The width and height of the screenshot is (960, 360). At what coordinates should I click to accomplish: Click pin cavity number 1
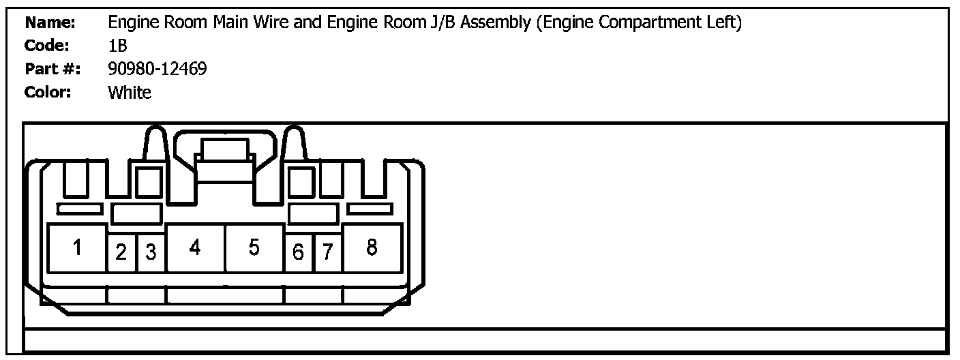(x=78, y=248)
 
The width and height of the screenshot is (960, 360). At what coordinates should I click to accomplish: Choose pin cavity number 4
(x=195, y=248)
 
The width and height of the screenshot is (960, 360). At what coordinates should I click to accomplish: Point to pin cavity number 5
(x=254, y=248)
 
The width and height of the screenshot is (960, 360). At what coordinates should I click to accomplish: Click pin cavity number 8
(x=372, y=248)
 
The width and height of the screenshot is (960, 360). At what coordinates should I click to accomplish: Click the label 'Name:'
(x=50, y=22)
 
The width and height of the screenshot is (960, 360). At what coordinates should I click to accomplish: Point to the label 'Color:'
(x=48, y=92)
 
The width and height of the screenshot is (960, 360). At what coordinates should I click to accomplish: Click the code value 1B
(x=118, y=46)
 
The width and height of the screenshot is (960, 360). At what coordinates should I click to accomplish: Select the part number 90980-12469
(x=157, y=69)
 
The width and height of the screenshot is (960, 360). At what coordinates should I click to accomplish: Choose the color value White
(x=130, y=92)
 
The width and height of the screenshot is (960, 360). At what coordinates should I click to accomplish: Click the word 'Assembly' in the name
(x=498, y=22)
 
